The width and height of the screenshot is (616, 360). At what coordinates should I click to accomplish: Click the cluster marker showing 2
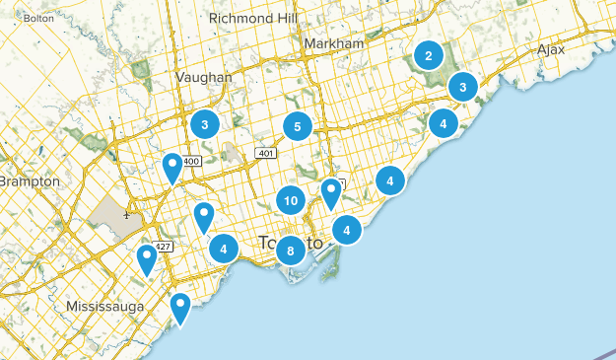click(428, 55)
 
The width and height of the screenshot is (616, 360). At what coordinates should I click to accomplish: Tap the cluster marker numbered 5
click(297, 126)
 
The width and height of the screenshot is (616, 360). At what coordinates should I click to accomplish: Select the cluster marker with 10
click(290, 201)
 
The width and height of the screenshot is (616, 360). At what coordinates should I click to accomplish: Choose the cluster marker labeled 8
click(290, 251)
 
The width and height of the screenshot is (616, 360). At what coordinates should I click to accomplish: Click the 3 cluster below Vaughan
click(204, 124)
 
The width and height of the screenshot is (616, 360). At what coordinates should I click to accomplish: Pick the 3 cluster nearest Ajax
click(462, 88)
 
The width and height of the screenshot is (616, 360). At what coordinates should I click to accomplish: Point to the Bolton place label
click(37, 18)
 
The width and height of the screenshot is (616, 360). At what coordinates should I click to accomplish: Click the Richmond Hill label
click(251, 18)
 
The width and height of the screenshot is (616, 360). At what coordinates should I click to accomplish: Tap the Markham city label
click(335, 45)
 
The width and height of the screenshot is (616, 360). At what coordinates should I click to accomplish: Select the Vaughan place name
click(204, 77)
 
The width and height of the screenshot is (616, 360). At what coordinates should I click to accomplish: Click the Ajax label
click(552, 49)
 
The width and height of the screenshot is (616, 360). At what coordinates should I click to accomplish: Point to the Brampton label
click(30, 182)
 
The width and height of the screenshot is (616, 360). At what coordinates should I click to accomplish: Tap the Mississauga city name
click(105, 307)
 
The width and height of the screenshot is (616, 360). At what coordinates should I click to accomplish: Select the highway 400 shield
click(191, 161)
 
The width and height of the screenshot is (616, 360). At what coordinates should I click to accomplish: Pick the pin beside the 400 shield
click(172, 168)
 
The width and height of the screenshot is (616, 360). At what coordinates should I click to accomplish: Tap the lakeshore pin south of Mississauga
click(179, 308)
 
